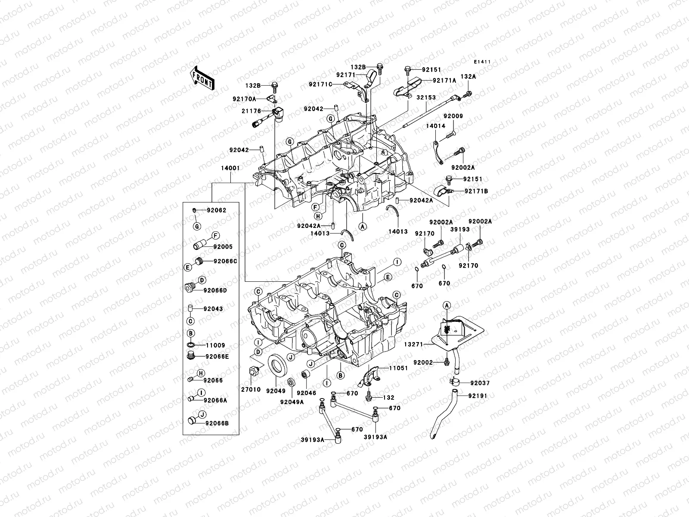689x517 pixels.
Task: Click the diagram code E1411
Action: (x=482, y=62)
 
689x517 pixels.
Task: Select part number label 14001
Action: (x=230, y=168)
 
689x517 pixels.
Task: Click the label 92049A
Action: (x=292, y=402)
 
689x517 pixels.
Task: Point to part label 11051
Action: (x=399, y=368)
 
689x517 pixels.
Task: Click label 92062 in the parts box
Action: (x=216, y=210)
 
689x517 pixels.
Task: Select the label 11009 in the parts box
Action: (x=215, y=346)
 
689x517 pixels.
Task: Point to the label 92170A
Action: (x=244, y=99)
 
